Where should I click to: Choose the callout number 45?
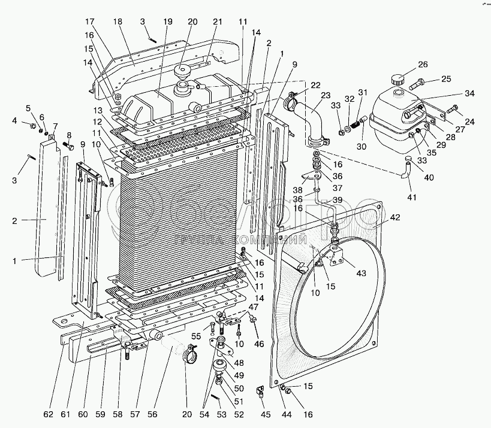pos(265,414)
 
